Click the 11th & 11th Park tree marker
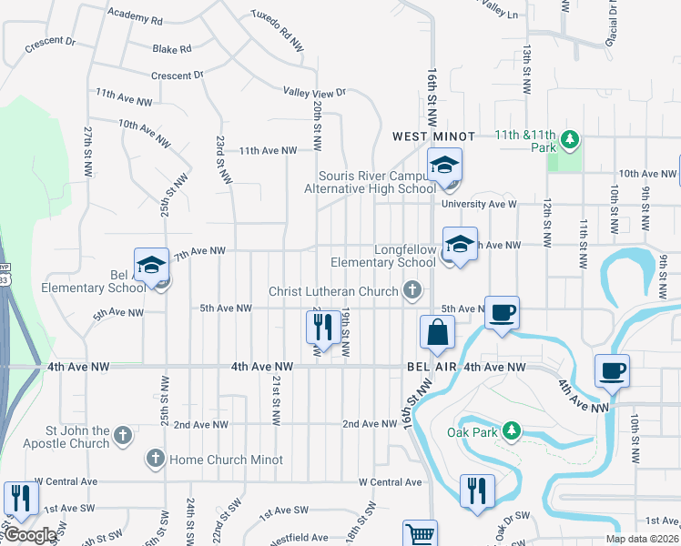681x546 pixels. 570,139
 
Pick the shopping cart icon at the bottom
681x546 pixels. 420,534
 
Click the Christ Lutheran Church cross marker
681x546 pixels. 412,291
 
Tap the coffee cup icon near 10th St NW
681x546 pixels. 612,371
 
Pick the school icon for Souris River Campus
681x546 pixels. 445,167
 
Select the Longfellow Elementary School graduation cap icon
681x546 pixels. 459,245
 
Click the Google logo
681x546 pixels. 31,535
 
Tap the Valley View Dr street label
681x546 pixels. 315,92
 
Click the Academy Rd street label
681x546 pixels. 134,18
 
